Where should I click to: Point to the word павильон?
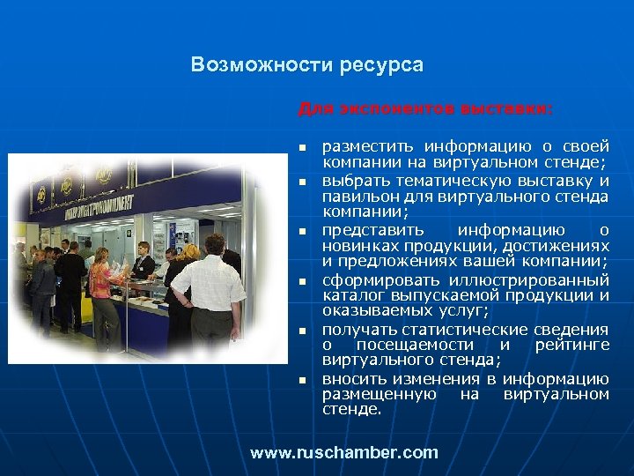point(356,195)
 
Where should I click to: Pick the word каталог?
point(350,295)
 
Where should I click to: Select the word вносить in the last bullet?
point(352,378)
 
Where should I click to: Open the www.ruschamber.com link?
point(343,453)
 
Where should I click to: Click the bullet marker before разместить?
point(300,146)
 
